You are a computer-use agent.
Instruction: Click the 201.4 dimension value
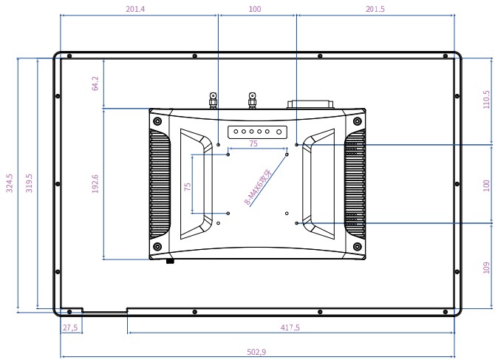135,10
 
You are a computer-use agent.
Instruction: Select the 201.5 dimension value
375,10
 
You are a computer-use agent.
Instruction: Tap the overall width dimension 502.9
256,352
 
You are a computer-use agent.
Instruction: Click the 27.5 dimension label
70,327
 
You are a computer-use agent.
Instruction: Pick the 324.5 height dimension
10,183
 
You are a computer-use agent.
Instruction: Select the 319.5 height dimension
30,183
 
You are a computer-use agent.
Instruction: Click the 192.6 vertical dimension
95,184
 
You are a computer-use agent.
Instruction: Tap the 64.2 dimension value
95,83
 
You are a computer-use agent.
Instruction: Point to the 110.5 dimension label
485,99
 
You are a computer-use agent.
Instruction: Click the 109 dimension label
485,266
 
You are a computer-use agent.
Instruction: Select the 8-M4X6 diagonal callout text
258,187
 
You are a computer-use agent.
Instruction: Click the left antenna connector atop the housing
213,100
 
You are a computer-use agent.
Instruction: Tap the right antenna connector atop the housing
252,100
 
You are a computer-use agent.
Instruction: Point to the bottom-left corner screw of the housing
157,246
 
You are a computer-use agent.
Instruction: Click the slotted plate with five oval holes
256,132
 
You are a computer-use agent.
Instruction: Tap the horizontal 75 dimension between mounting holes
253,144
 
